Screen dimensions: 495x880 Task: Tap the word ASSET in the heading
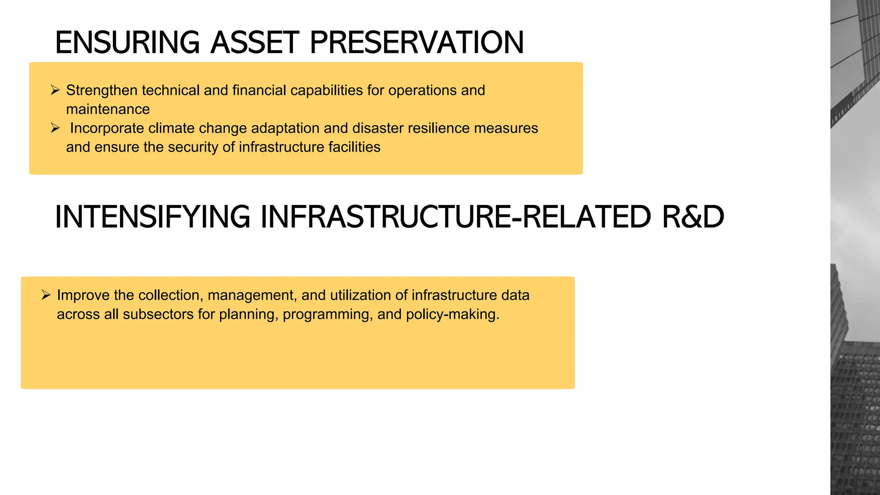pyautogui.click(x=254, y=43)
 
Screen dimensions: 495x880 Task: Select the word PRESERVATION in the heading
pyautogui.click(x=416, y=43)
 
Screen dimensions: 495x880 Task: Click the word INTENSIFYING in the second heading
pyautogui.click(x=153, y=217)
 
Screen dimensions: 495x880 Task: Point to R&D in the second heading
pyautogui.click(x=693, y=217)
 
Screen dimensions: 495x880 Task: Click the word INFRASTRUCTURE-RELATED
pyautogui.click(x=456, y=217)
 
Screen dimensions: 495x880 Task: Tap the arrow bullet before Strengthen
pyautogui.click(x=55, y=90)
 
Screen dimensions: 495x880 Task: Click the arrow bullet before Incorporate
pyautogui.click(x=55, y=128)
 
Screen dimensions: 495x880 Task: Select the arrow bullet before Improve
pyautogui.click(x=46, y=295)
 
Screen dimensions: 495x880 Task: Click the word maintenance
pyautogui.click(x=108, y=110)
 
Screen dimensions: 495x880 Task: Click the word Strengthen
pyautogui.click(x=102, y=91)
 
